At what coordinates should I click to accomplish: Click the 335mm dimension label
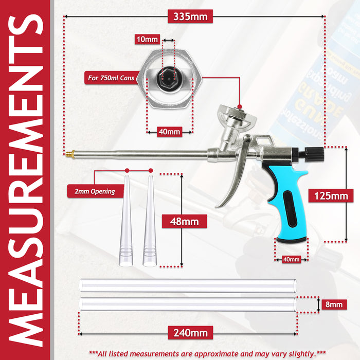pyautogui.click(x=190, y=16)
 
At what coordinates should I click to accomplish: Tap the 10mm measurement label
pyautogui.click(x=148, y=39)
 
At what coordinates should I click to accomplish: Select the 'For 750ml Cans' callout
pyautogui.click(x=110, y=79)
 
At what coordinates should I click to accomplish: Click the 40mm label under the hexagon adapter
pyautogui.click(x=169, y=132)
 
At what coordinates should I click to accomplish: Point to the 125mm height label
pyautogui.click(x=330, y=196)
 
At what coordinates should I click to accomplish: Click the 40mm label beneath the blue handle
pyautogui.click(x=291, y=260)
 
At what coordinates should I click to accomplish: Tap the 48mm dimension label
pyautogui.click(x=184, y=222)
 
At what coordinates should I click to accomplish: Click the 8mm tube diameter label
pyautogui.click(x=334, y=305)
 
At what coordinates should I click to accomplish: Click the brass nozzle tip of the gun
pyautogui.click(x=69, y=153)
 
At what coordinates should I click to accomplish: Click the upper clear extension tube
pyautogui.click(x=188, y=285)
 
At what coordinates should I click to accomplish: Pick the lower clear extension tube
pyautogui.click(x=188, y=304)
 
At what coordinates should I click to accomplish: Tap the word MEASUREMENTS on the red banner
pyautogui.click(x=26, y=180)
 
